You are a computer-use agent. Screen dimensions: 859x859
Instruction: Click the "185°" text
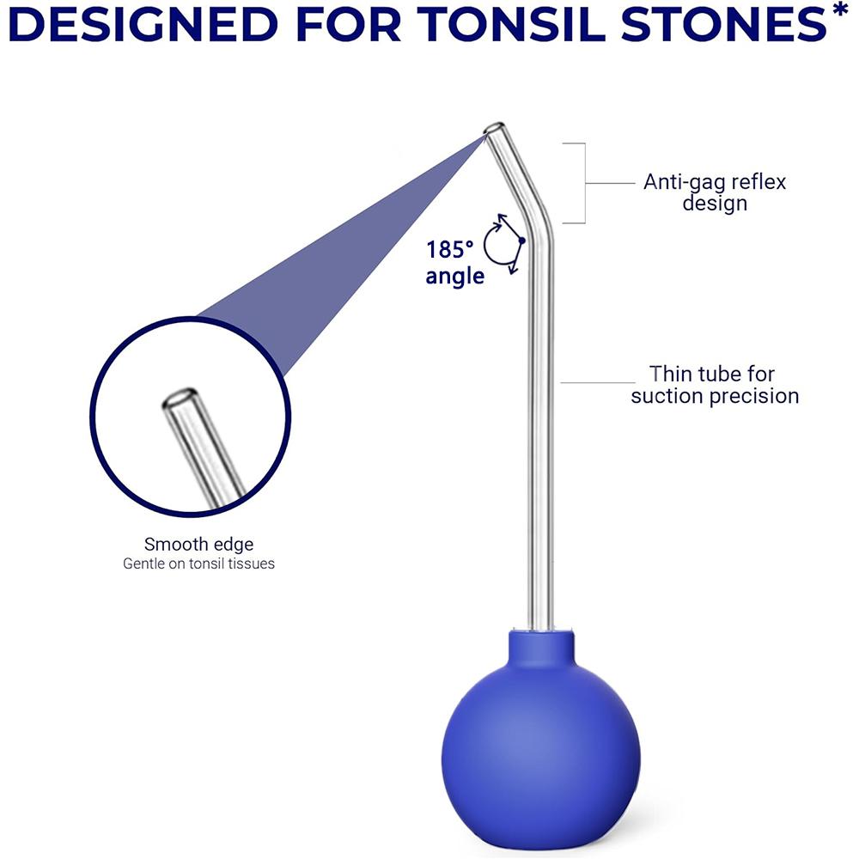click(450, 251)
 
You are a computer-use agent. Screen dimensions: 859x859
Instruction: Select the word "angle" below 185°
click(455, 277)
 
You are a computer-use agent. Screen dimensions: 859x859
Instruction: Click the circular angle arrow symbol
click(504, 244)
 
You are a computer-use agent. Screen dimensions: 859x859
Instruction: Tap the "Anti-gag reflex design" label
click(715, 192)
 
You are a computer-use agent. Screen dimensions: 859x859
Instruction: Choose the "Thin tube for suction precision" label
click(715, 385)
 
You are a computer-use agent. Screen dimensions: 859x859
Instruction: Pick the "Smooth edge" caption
click(198, 544)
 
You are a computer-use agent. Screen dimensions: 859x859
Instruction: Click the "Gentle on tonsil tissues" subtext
click(198, 564)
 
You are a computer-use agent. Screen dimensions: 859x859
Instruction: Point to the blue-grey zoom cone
click(344, 249)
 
